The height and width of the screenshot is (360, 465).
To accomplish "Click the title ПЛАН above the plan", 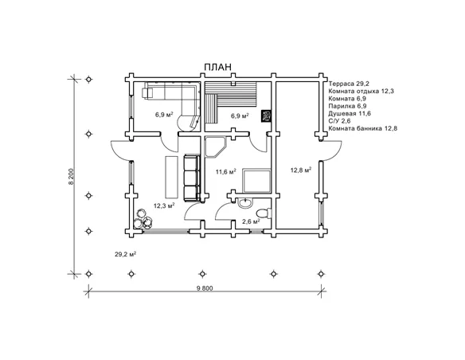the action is coord(217,67).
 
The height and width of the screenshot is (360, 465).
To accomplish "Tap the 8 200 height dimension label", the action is coord(71,177).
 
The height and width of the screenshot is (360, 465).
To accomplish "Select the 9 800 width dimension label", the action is coord(205,288).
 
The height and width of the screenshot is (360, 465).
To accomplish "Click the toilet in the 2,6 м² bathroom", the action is coord(264,213).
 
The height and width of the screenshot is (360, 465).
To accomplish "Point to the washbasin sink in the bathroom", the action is coord(245,203).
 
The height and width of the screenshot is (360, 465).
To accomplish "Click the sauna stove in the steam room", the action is coord(266,116).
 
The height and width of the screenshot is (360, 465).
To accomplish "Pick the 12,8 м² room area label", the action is coord(301,170).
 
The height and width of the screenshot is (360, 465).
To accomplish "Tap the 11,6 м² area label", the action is coord(225,171).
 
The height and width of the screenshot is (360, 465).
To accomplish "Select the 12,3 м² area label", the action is coord(164,205).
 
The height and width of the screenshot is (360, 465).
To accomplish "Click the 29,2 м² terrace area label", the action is coord(126,254).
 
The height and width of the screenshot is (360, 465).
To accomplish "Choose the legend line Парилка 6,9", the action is coord(347,106).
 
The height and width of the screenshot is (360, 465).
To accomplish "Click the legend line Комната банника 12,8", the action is coord(363,128).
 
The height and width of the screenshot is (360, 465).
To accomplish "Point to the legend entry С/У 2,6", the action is coord(339,121).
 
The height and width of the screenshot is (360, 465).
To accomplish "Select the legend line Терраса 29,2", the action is coord(349,84).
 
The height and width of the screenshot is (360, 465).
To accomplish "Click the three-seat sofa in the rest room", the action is coord(192,178).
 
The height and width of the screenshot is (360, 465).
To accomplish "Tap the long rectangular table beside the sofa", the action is coord(172,178).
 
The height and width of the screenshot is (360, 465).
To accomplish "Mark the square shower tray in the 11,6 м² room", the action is coord(257,181).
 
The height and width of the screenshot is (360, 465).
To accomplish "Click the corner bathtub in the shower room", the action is coord(215,147).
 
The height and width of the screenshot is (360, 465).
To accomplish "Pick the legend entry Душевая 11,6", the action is coord(350,114).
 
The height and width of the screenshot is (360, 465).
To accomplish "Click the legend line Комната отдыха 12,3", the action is coord(361,91).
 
